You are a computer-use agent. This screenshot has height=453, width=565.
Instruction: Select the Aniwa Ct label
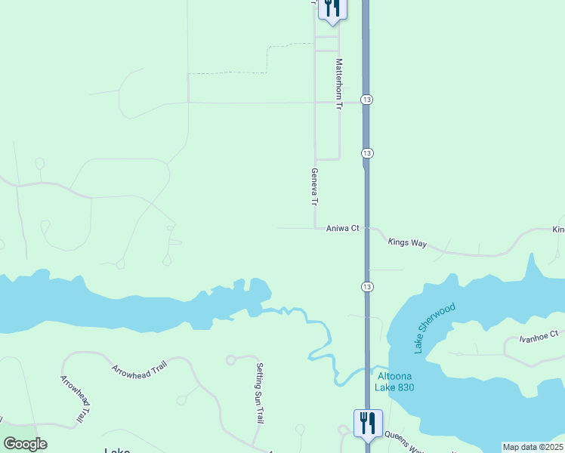(x=342, y=228)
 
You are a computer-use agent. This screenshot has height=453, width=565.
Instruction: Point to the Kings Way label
(x=407, y=242)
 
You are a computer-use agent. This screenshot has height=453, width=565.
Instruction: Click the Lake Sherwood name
(x=434, y=328)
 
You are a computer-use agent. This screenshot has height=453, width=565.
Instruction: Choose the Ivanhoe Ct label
(x=538, y=334)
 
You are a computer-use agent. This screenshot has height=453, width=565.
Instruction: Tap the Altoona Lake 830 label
(x=395, y=382)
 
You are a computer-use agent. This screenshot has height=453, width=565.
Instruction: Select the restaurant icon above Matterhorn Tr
(x=332, y=8)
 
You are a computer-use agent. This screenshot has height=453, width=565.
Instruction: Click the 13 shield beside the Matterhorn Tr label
(x=366, y=100)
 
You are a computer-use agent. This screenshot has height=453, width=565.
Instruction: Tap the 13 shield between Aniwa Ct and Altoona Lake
(x=366, y=286)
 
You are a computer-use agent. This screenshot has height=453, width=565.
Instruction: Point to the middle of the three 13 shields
(x=366, y=153)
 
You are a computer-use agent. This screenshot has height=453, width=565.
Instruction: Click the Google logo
(x=24, y=444)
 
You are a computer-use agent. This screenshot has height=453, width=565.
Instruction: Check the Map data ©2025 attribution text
(x=533, y=447)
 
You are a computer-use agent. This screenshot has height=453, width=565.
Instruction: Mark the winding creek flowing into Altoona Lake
(x=321, y=332)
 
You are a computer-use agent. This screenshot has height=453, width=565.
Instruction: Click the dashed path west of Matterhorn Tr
(x=227, y=73)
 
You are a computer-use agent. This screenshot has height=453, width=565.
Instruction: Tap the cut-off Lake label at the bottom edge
(x=117, y=450)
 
